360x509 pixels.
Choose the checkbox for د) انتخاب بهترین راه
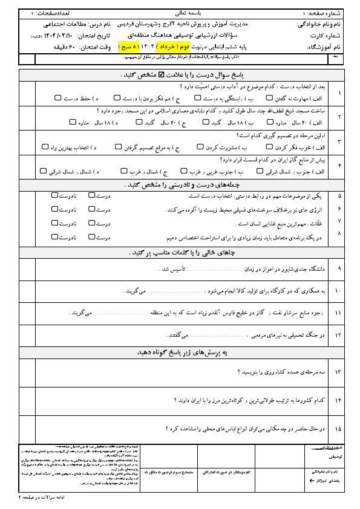pyautogui.click(x=45, y=147)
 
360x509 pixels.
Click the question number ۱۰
pyautogui.click(x=338, y=291)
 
